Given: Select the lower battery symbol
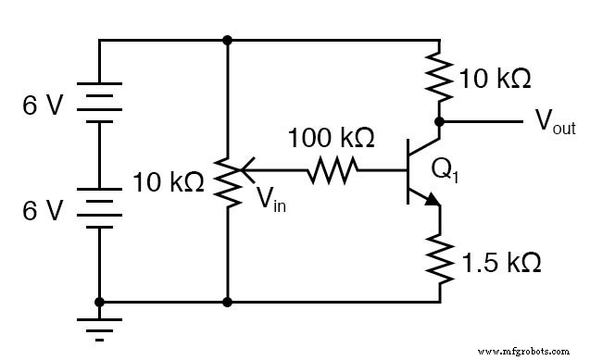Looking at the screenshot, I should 99,210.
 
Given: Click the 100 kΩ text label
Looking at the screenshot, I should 331,139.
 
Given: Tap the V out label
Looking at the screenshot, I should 555,124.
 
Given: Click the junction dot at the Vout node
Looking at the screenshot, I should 440,121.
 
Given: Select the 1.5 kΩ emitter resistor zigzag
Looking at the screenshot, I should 440,258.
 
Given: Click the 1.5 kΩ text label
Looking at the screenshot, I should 501,262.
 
